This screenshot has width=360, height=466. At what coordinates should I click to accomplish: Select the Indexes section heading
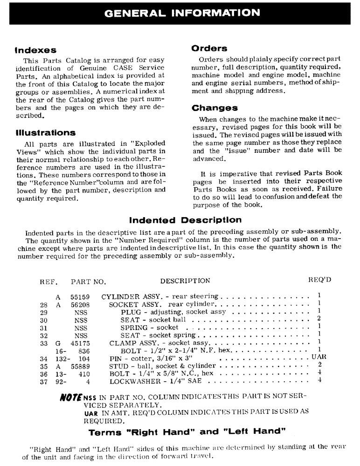point(35,50)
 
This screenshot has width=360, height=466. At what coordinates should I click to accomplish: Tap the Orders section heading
point(209,48)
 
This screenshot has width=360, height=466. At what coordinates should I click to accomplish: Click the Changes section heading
point(215,108)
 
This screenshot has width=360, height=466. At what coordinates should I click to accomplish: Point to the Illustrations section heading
point(45,133)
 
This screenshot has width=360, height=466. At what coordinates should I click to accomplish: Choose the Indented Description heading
point(185,220)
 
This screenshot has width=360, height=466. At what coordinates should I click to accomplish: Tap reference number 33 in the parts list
point(45,343)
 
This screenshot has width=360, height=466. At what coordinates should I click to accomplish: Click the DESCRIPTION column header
point(185,281)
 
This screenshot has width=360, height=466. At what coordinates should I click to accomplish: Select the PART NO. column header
point(88,281)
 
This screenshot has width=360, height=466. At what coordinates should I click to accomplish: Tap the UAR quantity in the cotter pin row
point(319,357)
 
